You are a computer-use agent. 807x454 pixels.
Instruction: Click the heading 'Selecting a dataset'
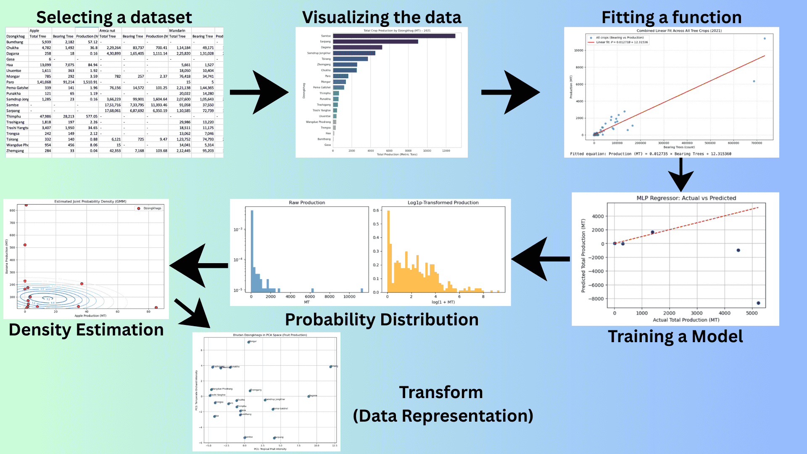[114, 17]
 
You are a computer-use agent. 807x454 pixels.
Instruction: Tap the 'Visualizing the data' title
[382, 17]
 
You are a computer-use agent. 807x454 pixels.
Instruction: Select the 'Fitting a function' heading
[671, 17]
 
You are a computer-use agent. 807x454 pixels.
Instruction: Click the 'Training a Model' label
[675, 336]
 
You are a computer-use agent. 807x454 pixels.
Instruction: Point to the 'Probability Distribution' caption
[382, 319]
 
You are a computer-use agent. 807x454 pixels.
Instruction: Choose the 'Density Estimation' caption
[86, 330]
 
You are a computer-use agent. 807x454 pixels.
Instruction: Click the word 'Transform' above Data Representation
[441, 392]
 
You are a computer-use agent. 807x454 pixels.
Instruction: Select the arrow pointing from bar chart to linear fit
[510, 92]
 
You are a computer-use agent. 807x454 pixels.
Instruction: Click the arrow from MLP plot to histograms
[541, 259]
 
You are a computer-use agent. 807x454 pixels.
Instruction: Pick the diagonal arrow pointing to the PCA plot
[193, 313]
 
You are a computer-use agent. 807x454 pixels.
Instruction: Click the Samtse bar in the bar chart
[394, 36]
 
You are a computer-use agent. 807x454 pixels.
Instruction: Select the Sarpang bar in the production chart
[375, 42]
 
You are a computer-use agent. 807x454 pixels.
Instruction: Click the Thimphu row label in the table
[13, 116]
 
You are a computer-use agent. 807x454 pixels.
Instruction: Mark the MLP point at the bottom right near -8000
[758, 303]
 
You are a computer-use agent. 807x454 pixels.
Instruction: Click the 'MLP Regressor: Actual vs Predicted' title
[686, 198]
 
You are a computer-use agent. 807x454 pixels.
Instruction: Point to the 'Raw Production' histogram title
[307, 203]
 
